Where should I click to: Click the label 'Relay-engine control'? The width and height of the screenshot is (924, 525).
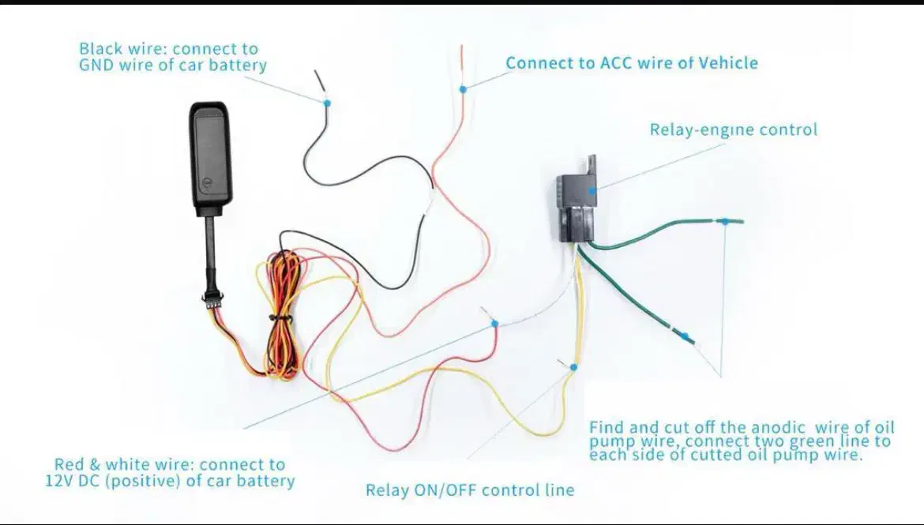point(733,130)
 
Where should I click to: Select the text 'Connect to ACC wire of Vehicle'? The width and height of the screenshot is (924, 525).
point(631,63)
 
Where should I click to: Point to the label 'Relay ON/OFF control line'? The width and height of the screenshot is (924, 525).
point(469,490)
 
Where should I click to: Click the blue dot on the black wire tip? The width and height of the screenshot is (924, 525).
point(327,103)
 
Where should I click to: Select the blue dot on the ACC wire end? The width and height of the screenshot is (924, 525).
point(464,89)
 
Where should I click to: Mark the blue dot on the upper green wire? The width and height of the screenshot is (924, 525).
point(724,221)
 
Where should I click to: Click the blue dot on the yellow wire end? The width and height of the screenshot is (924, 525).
point(573,367)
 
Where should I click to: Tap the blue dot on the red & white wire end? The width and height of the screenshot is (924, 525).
point(494,324)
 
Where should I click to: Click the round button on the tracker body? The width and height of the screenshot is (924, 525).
point(207,181)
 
